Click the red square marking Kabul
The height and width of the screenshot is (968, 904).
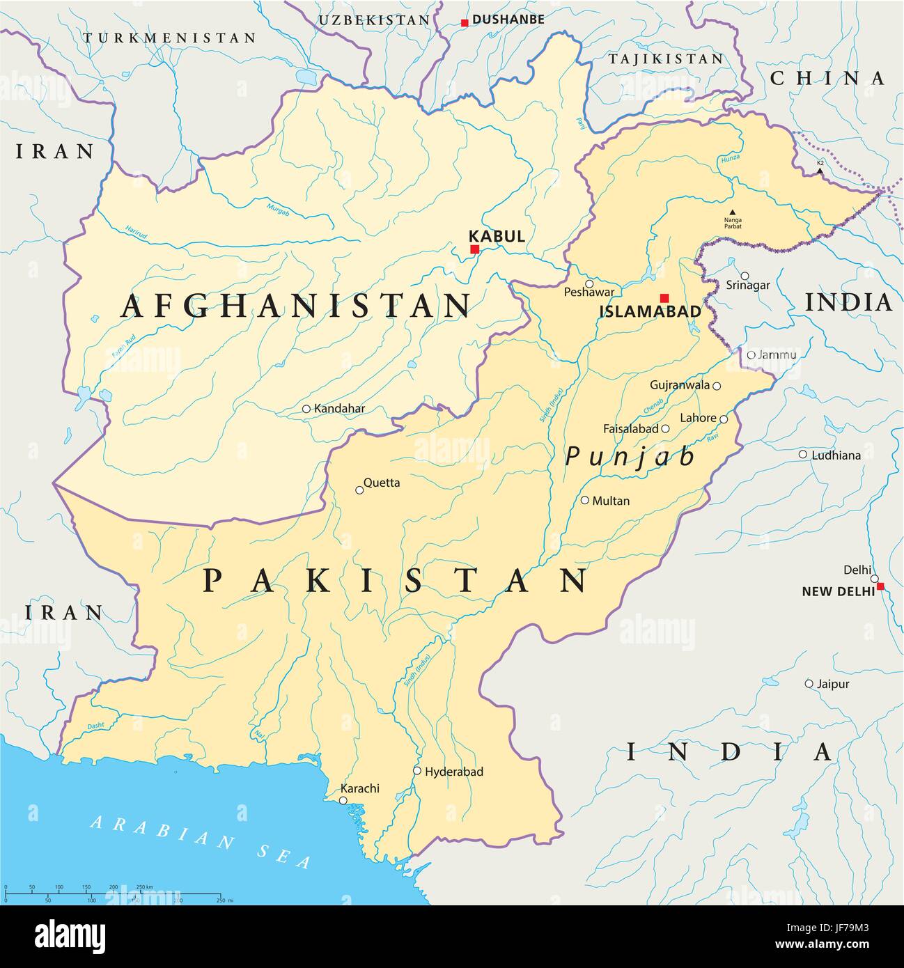coord(475,249)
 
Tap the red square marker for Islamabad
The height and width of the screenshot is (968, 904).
coord(664,297)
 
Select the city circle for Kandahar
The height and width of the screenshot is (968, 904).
coord(306,409)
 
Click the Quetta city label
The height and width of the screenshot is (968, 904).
coord(382,482)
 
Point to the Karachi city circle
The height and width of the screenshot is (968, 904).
coord(343,801)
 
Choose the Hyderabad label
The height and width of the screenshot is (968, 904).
coord(453,772)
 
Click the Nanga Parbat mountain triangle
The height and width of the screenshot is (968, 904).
coord(732,212)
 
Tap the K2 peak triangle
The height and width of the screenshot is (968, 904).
coord(820,170)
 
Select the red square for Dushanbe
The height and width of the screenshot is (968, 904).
coord(465,23)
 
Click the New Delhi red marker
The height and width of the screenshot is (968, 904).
coord(880,586)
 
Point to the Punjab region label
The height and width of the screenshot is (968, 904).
coord(630,456)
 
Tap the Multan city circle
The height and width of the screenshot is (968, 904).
coord(585,500)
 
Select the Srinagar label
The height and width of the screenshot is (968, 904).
coord(748,285)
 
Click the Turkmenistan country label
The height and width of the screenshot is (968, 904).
coord(169,38)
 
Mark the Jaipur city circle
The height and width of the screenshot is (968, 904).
coord(809,684)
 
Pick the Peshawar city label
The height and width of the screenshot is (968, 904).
coord(589,293)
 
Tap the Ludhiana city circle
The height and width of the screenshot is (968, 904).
coord(803,455)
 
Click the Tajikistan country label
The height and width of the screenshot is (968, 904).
coord(667,59)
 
